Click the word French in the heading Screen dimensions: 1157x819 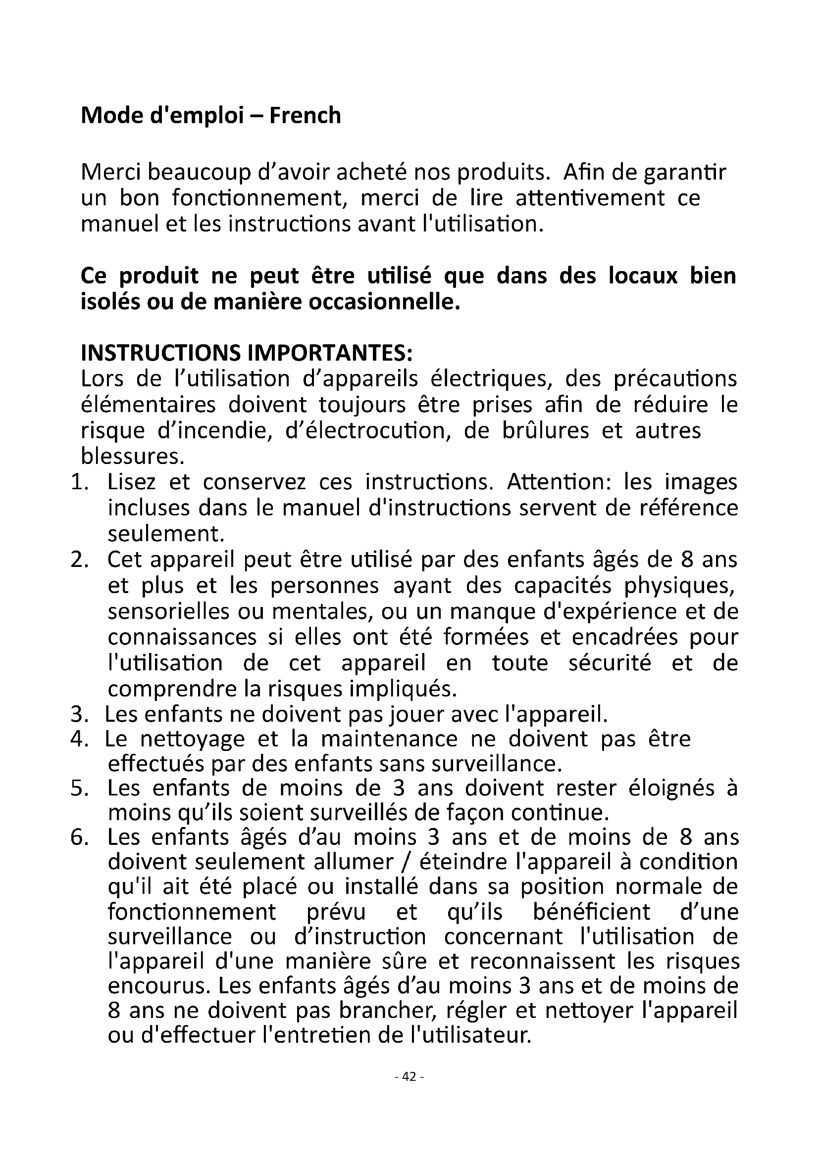305,116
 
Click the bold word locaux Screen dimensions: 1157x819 643,277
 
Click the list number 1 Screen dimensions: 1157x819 80,483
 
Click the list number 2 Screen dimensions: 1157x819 80,560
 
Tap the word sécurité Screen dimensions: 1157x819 610,663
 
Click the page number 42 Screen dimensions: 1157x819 409,1077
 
